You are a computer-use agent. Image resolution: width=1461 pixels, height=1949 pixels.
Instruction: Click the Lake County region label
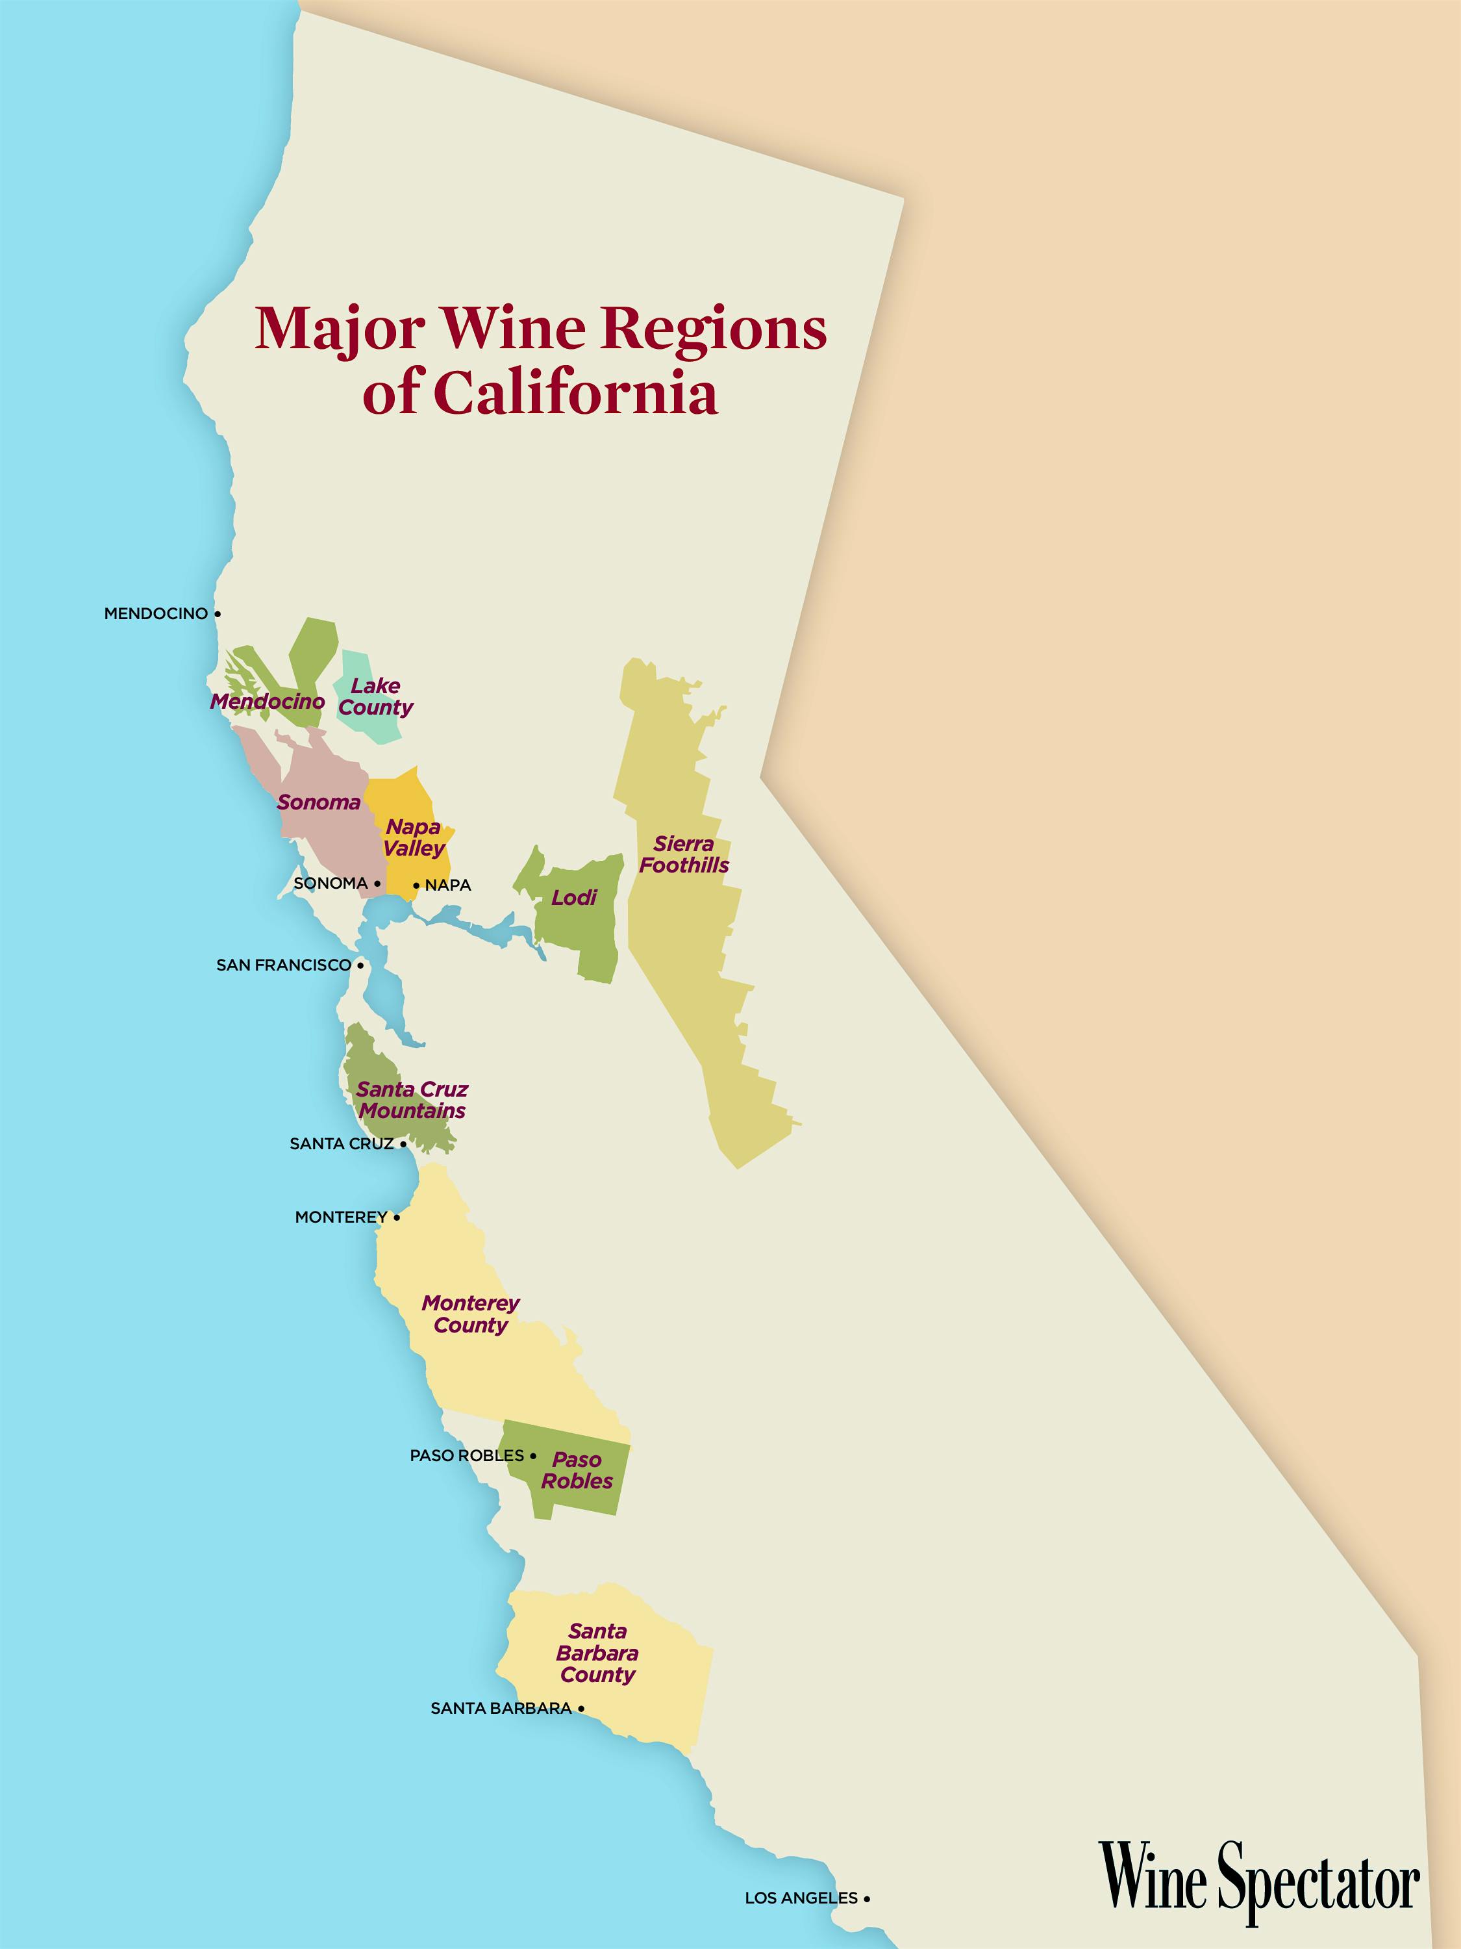click(x=375, y=697)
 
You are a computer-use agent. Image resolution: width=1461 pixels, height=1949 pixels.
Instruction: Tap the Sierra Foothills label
click(x=684, y=855)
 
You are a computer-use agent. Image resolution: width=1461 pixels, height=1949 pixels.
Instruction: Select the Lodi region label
click(x=573, y=898)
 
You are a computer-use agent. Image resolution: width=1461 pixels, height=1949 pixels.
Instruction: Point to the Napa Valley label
click(x=413, y=838)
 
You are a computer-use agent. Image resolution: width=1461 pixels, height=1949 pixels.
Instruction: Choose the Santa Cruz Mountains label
click(x=412, y=1100)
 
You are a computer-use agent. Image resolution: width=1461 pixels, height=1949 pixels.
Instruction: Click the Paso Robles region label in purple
click(x=577, y=1471)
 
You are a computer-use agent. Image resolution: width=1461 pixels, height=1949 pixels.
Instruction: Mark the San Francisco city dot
click(x=360, y=965)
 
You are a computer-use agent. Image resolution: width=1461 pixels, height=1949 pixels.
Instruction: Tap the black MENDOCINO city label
click(x=156, y=613)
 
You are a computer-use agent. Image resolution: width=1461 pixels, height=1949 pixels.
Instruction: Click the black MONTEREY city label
click(x=341, y=1217)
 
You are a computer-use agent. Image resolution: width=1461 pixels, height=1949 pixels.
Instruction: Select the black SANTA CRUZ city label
click(x=342, y=1143)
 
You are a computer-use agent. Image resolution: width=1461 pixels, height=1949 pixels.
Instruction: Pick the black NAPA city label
click(x=448, y=885)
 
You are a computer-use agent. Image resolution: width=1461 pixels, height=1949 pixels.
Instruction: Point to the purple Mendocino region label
click(x=267, y=702)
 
